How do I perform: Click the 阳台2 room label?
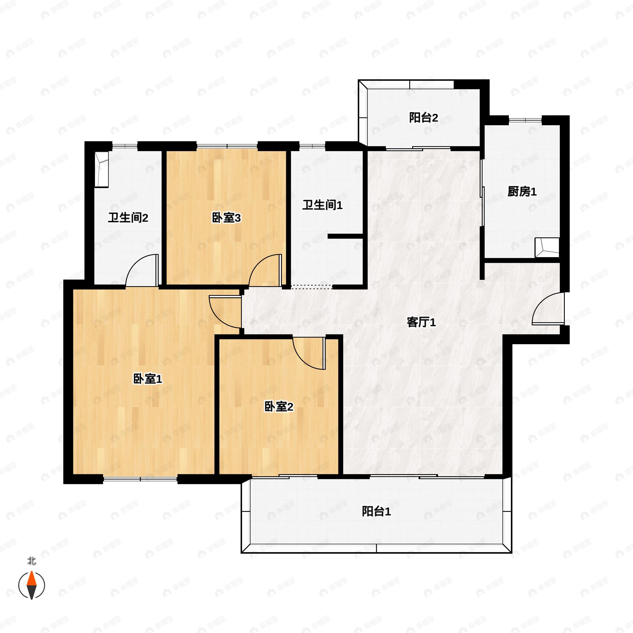coord(423,118)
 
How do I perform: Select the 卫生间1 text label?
coord(322,205)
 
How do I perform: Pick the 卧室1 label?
coord(148,379)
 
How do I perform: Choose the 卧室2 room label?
coord(279,407)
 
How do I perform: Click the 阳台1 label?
coord(376,511)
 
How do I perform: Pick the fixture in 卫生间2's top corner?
coord(102,169)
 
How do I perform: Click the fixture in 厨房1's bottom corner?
coord(546,248)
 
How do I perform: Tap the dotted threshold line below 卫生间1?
coord(311,287)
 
